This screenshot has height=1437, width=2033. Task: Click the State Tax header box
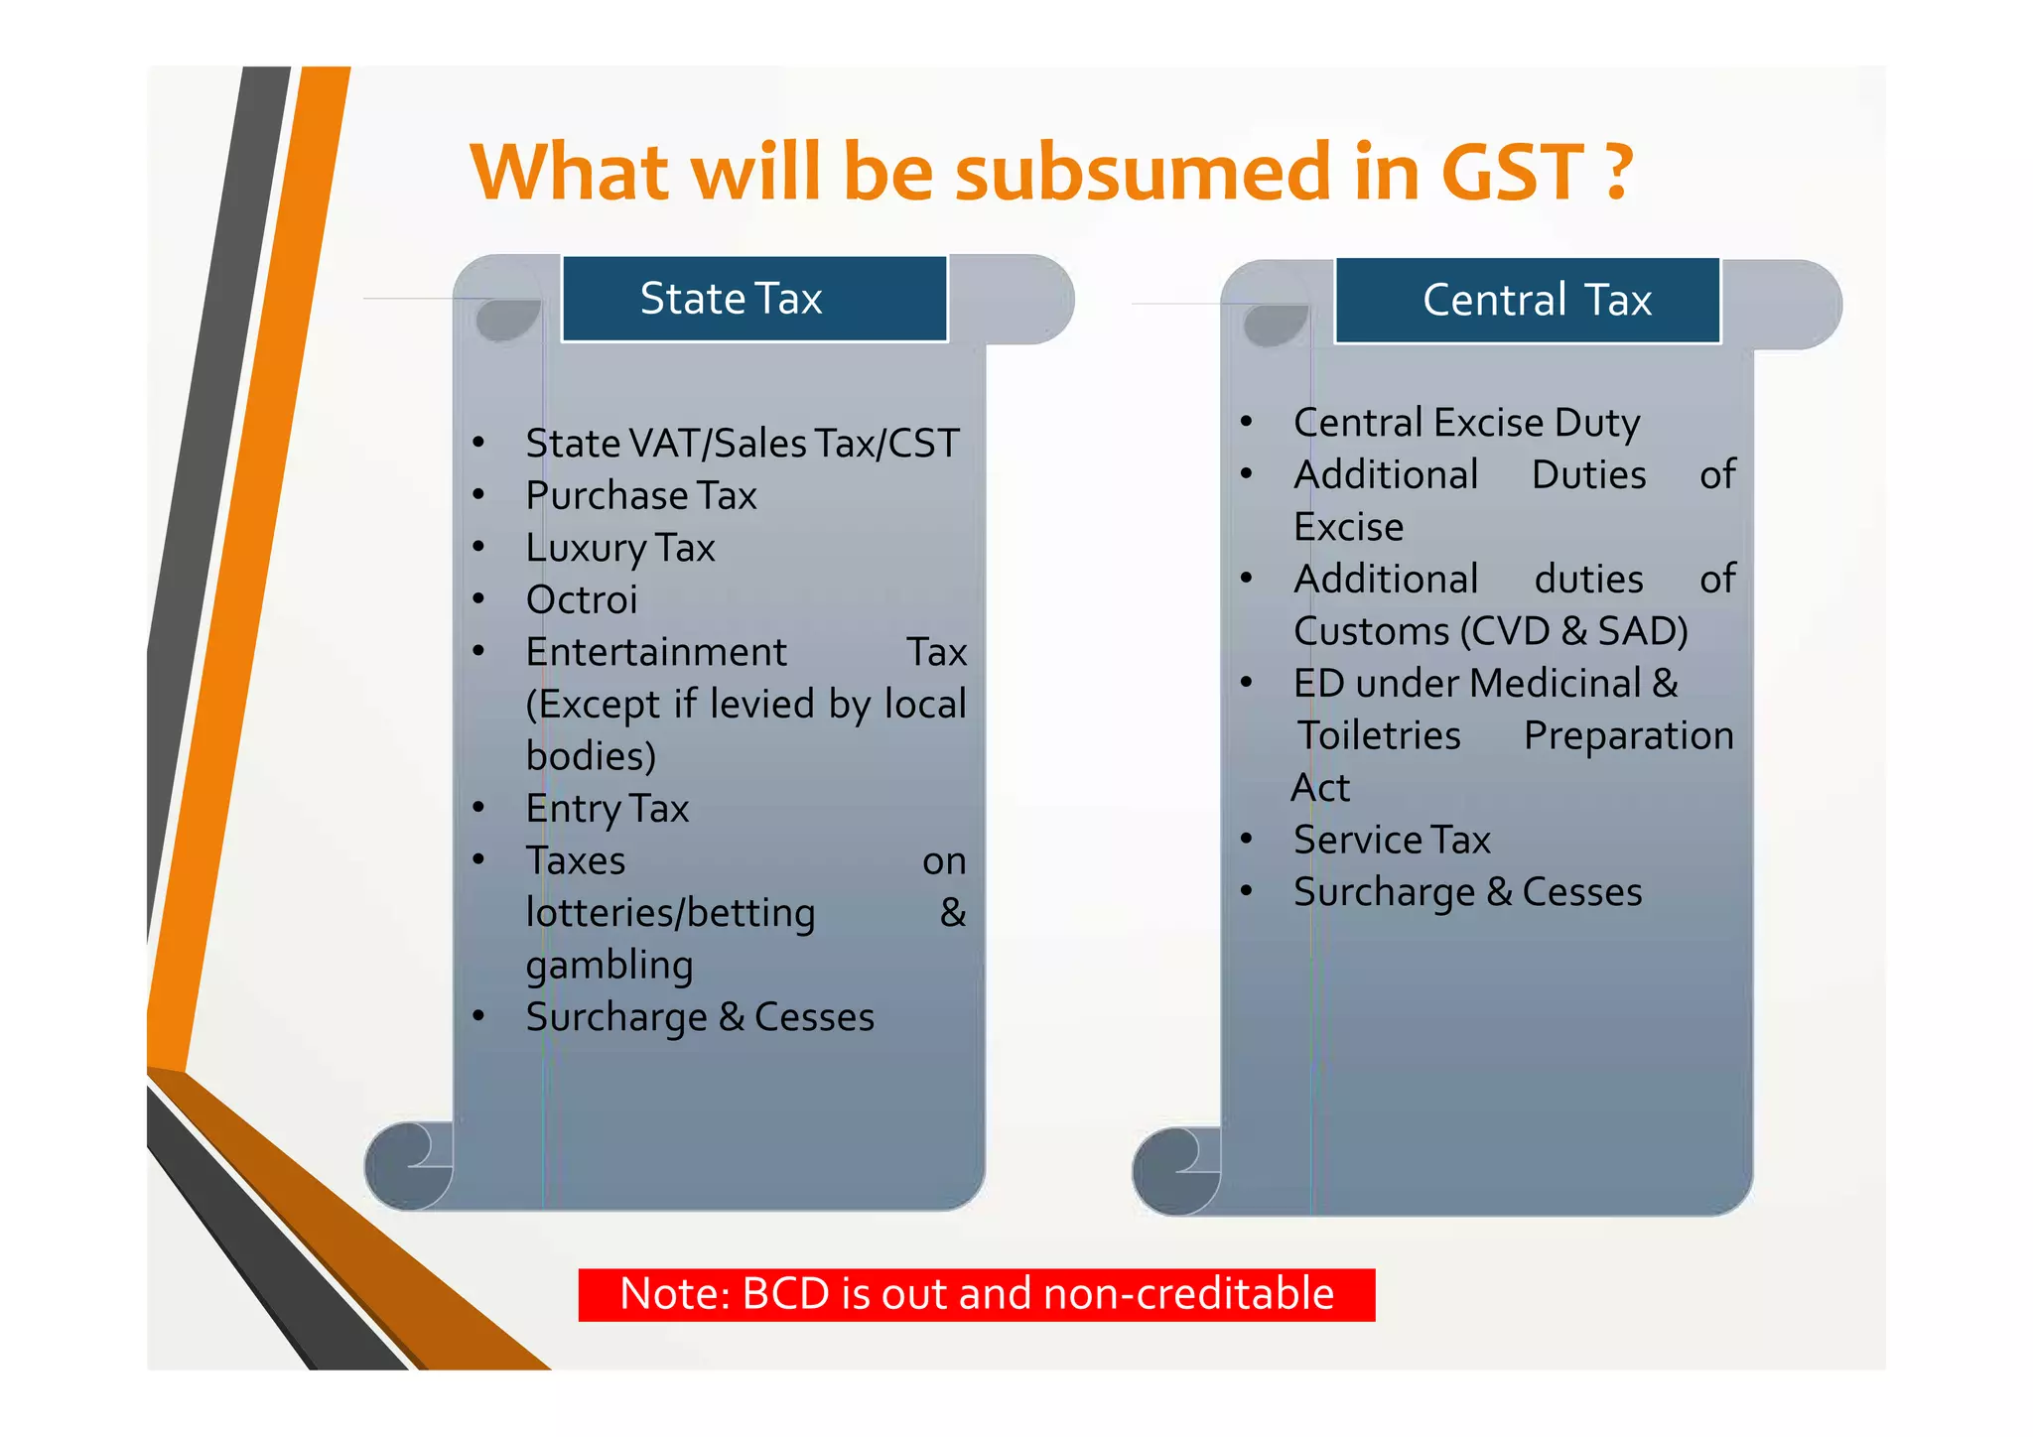(x=754, y=299)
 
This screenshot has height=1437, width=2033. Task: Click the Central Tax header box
(x=1527, y=301)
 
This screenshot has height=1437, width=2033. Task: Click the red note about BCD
(x=977, y=1295)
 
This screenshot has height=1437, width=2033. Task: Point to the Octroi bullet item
(x=582, y=600)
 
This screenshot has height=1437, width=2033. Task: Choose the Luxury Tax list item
(x=620, y=549)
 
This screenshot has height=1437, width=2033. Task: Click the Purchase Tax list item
(x=641, y=496)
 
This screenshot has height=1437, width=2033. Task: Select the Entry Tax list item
(x=608, y=810)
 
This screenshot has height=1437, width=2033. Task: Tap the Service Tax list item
(x=1392, y=841)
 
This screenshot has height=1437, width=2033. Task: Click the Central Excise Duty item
(x=1466, y=424)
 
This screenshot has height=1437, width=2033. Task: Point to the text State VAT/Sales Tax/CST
(x=743, y=444)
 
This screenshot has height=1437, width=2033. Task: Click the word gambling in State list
(x=610, y=966)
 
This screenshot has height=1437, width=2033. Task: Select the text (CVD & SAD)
(x=1574, y=632)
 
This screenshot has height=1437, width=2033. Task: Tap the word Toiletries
(x=1380, y=736)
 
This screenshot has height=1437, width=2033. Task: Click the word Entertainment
(x=656, y=653)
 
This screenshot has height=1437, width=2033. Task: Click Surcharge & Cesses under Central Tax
(x=1467, y=893)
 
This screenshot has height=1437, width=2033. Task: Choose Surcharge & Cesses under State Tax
(x=700, y=1018)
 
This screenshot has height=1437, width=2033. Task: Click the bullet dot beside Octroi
(x=479, y=599)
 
